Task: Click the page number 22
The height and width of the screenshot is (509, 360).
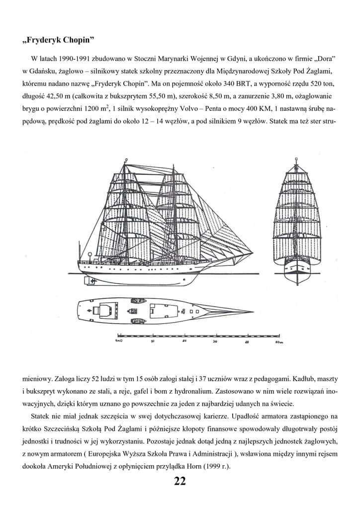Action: pos(180,481)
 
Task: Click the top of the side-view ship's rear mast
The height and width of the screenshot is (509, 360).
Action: pos(125,160)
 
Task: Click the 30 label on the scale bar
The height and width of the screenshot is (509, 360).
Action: pos(215,342)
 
